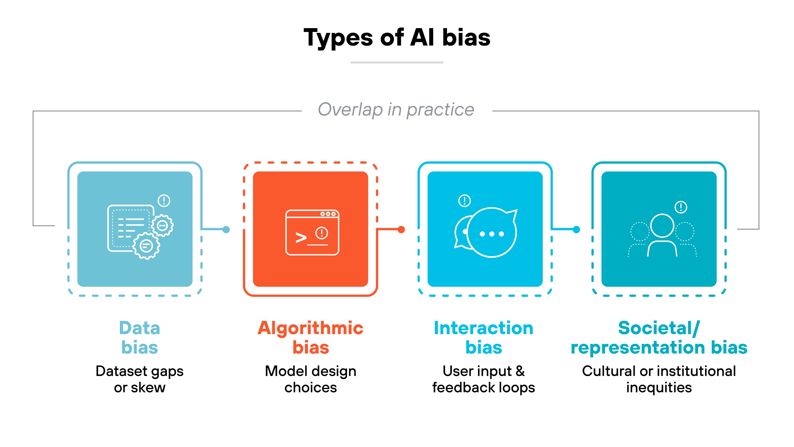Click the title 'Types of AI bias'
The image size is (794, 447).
397,38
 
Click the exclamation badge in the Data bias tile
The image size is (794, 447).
164,200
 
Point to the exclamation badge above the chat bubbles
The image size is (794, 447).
464,200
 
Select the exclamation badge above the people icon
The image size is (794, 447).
681,207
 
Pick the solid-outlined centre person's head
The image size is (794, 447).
662,226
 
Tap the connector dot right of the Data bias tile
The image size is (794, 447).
226,230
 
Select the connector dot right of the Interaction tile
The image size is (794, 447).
576,230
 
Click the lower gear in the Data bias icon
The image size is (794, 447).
146,246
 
